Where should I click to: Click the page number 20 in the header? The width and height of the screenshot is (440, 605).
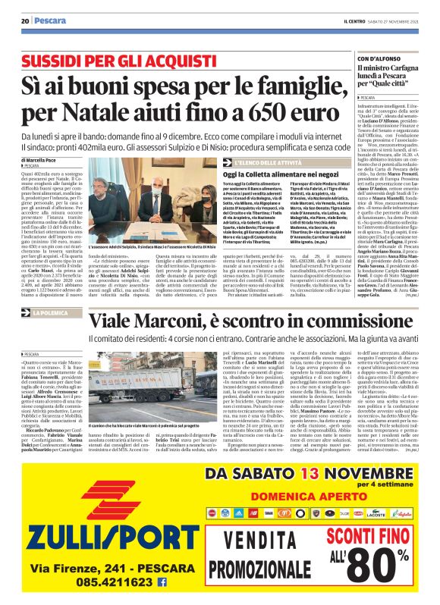click(x=25, y=20)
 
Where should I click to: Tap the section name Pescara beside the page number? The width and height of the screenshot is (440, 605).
click(x=49, y=20)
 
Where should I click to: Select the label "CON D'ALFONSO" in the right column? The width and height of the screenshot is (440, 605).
click(x=379, y=58)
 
